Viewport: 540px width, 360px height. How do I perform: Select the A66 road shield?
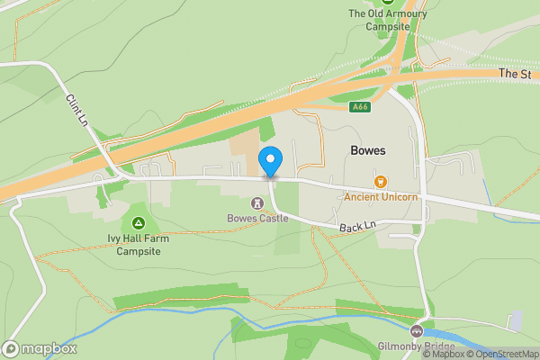tap(360, 107)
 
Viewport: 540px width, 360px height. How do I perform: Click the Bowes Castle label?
tap(257, 218)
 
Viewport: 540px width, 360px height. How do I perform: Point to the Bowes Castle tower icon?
tap(257, 203)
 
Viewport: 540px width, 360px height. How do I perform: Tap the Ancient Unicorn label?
tap(381, 196)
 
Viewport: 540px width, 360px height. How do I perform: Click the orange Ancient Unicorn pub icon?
tap(381, 182)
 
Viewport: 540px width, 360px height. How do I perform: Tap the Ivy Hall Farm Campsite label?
tap(139, 245)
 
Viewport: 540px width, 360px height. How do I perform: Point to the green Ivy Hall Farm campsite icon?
tap(139, 222)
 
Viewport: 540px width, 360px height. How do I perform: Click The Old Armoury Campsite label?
tap(388, 20)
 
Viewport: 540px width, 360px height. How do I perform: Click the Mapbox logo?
tap(40, 348)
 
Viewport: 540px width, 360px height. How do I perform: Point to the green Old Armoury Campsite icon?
tap(388, 2)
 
